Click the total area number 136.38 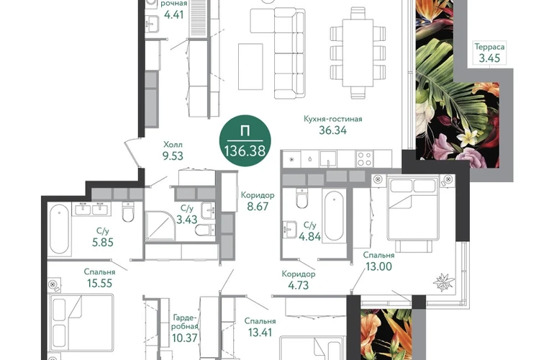pos(245,151)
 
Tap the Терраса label pos(489,47)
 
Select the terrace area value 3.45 pos(489,58)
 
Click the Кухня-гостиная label pos(333,120)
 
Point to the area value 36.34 pos(333,130)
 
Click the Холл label pos(173,145)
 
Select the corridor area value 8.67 pos(258,206)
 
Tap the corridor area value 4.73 pos(298,284)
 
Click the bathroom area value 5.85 pos(102,242)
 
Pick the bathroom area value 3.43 pos(186,220)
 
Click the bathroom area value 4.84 pos(310,236)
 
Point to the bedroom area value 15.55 pos(99,283)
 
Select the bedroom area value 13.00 pos(378,266)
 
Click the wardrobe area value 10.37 pos(184,338)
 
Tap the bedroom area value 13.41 pos(260,333)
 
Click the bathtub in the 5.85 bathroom pos(59,229)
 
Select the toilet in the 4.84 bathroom pos(302,199)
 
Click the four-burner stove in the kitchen pos(364,159)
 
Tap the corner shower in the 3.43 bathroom pos(160,226)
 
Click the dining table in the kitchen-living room pos(358,53)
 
